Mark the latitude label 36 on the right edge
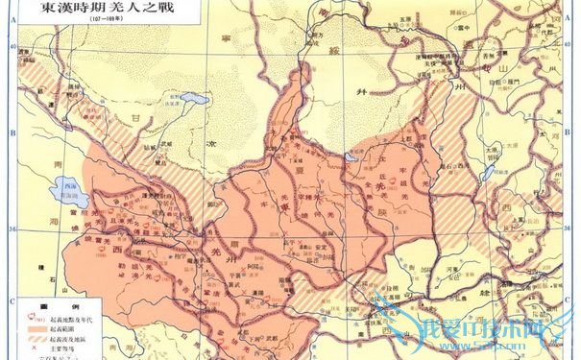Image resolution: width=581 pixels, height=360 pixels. (x=573, y=229)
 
